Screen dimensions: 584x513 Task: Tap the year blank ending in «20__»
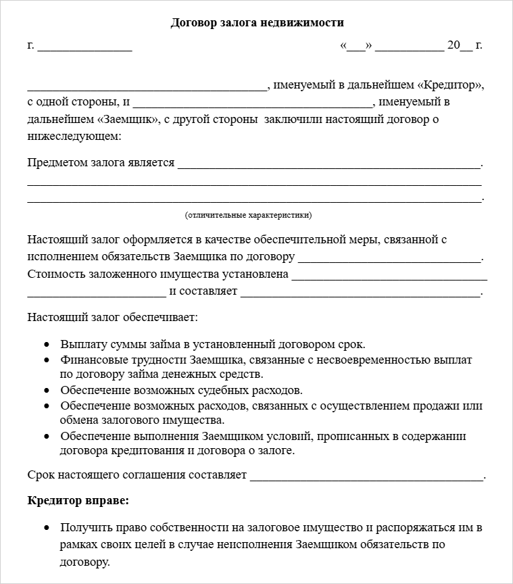click(453, 46)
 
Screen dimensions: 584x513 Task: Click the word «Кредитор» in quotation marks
click(451, 86)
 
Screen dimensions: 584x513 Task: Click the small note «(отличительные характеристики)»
click(248, 215)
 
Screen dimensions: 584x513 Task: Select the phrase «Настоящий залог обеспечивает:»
click(113, 316)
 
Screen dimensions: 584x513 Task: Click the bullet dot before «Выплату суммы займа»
click(47, 345)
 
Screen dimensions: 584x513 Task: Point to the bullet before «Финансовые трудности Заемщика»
click(47, 361)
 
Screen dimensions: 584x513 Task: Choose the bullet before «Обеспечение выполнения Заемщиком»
click(47, 437)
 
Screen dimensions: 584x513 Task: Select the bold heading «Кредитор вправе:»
click(78, 501)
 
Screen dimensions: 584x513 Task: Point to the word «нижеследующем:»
click(74, 136)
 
